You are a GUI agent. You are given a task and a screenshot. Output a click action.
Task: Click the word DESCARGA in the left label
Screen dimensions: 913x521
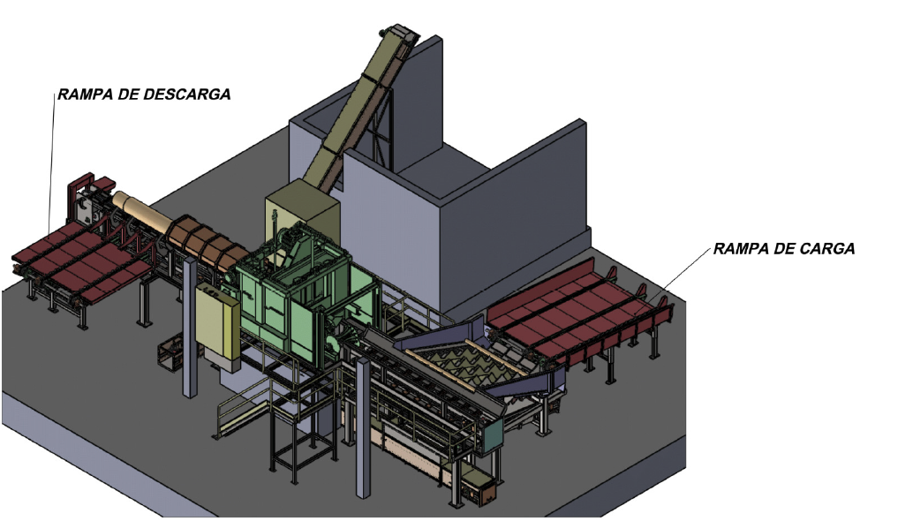click(186, 94)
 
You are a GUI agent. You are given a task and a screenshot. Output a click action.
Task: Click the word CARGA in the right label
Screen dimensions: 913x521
click(826, 249)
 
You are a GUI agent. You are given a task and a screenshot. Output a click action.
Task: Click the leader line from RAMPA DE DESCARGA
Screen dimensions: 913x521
click(52, 165)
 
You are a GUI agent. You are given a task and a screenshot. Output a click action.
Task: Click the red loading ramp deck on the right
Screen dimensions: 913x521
click(577, 314)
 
